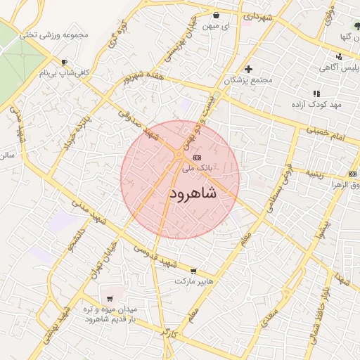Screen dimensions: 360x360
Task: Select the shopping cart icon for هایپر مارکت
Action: click(x=193, y=271)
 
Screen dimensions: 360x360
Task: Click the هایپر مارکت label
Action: click(x=193, y=281)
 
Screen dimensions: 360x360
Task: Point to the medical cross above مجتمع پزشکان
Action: click(x=248, y=69)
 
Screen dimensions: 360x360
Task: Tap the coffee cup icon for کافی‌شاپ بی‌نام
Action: click(x=65, y=63)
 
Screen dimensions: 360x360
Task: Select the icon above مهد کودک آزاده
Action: click(x=316, y=93)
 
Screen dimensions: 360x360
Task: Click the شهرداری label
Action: click(x=257, y=15)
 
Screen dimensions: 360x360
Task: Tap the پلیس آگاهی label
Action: click(x=340, y=67)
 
